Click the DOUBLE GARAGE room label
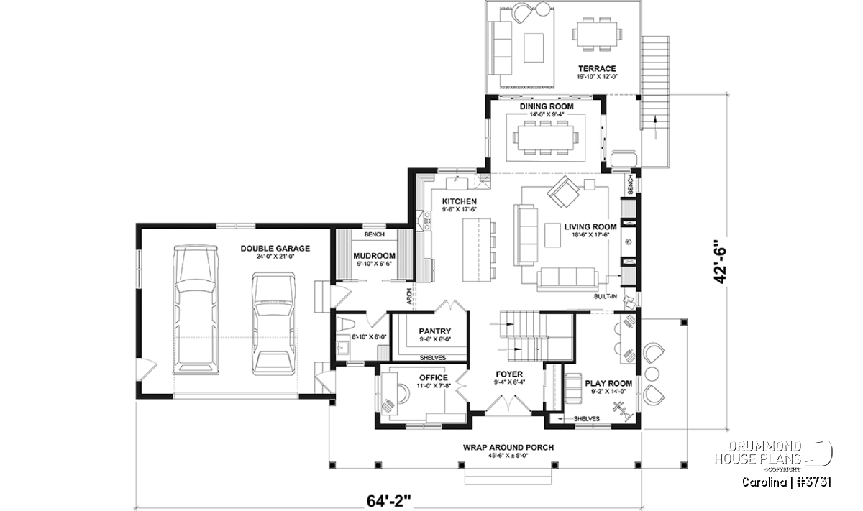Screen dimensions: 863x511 click(x=275, y=249)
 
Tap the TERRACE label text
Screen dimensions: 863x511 click(x=597, y=68)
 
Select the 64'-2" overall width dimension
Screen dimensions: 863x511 click(x=389, y=501)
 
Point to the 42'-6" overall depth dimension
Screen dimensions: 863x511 click(x=720, y=262)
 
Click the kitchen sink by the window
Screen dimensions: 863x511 click(x=457, y=183)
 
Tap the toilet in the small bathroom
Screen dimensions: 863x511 click(x=344, y=324)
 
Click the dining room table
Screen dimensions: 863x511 click(x=546, y=138)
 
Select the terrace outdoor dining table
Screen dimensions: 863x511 click(x=596, y=34)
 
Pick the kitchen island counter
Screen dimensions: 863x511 click(x=477, y=250)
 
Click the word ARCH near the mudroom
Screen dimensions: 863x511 click(x=409, y=296)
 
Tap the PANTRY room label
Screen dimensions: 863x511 click(x=435, y=331)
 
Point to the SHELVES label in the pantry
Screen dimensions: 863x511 click(x=433, y=358)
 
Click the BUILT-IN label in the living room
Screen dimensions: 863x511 click(x=606, y=297)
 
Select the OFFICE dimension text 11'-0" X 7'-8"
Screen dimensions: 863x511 click(x=434, y=386)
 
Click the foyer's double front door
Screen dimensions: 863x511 click(x=508, y=405)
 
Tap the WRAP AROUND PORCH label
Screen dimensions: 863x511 click(x=508, y=448)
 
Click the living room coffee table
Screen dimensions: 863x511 click(x=552, y=235)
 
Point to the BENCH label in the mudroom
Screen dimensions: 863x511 click(x=374, y=234)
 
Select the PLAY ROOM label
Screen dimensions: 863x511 click(x=608, y=384)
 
